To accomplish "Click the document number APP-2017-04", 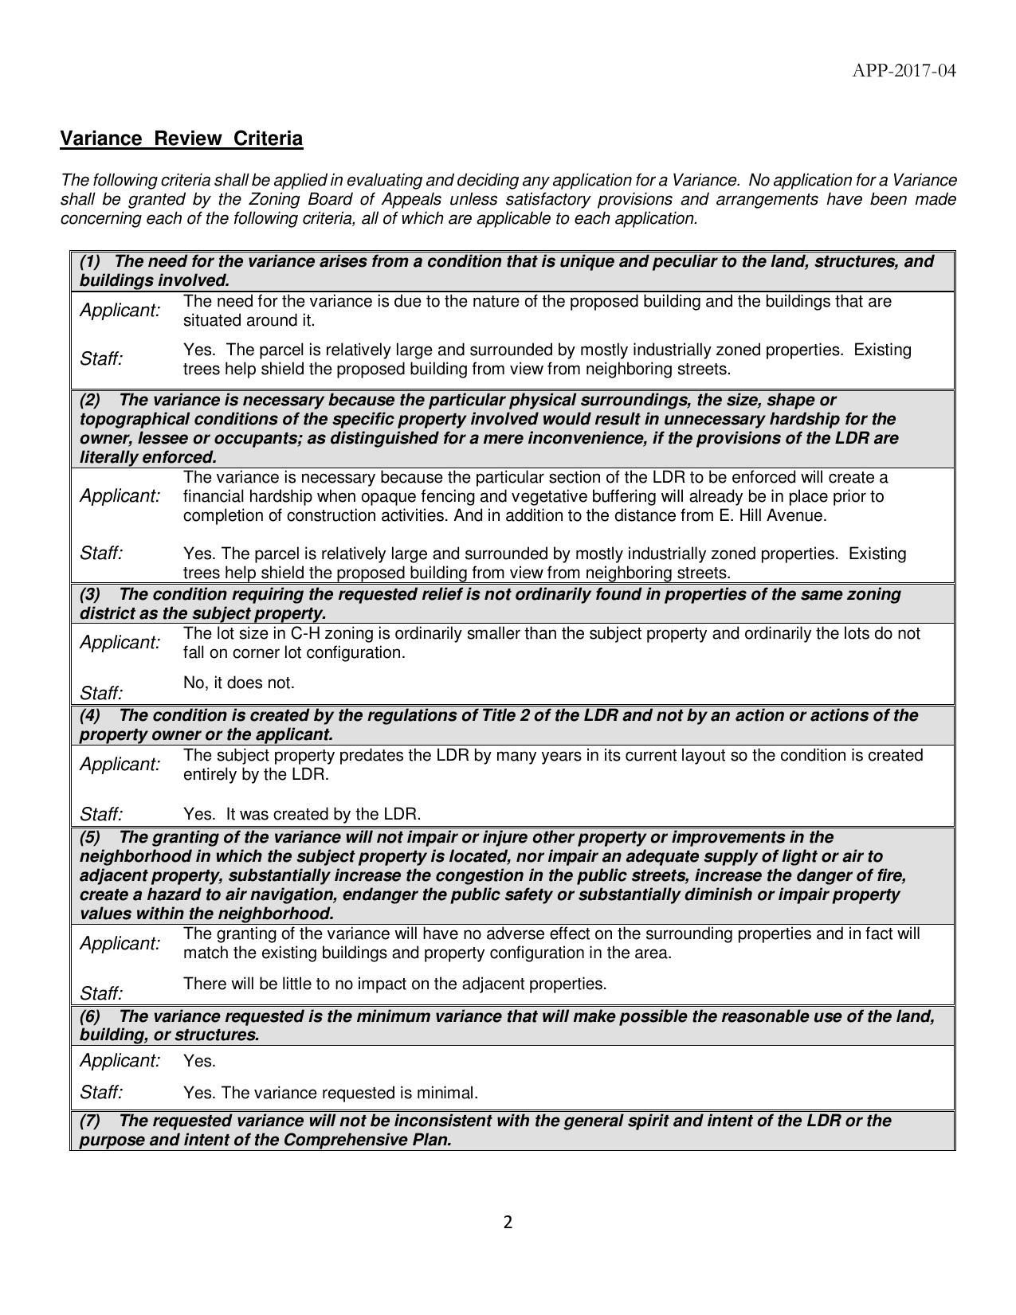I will [x=903, y=71].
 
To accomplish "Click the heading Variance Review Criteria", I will [x=182, y=139].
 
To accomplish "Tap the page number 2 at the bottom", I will [x=508, y=1223].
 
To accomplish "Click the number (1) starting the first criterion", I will [x=90, y=261].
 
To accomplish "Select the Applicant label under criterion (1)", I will [x=120, y=311].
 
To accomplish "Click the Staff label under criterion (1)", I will [x=101, y=359].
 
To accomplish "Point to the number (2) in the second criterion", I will [x=90, y=400].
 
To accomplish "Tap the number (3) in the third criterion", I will [x=90, y=594].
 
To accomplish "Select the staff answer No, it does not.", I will [x=238, y=683].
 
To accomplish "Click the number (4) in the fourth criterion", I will [x=90, y=715].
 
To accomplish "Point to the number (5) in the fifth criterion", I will [x=90, y=837].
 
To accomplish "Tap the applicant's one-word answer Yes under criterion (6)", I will [x=199, y=1062].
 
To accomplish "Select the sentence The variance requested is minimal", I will [x=349, y=1093].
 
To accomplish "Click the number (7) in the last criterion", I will [x=90, y=1121].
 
